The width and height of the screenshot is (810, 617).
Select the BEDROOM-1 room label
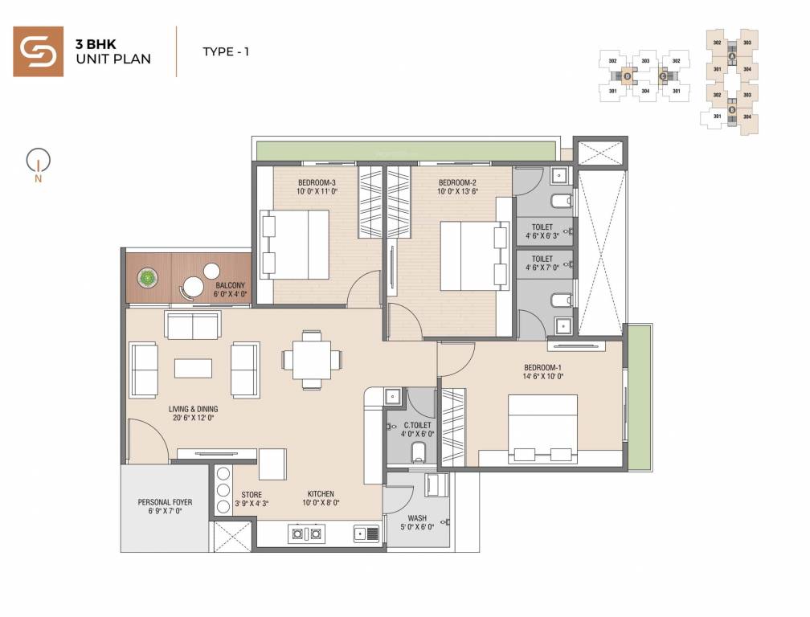[x=542, y=368]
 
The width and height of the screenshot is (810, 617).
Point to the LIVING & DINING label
[x=193, y=409]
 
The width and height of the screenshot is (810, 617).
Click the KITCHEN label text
[x=321, y=494]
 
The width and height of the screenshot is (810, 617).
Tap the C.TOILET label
[x=418, y=424]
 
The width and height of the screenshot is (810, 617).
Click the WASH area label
[x=417, y=518]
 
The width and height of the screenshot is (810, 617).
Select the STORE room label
[x=252, y=495]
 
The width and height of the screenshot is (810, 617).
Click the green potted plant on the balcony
[x=147, y=279]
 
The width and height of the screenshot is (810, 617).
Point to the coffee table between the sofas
[x=194, y=367]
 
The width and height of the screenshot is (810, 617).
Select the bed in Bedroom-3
[x=295, y=244]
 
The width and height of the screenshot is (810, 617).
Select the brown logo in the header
[x=38, y=51]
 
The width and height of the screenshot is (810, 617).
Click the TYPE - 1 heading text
[x=226, y=52]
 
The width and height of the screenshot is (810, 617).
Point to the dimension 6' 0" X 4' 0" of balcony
[x=231, y=295]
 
